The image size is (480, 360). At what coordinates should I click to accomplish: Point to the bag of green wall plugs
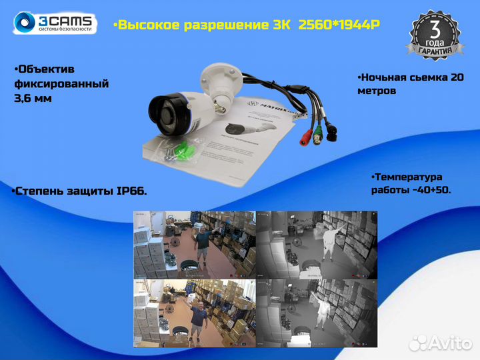point(177,150)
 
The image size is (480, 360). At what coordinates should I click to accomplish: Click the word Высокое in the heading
point(146,25)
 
